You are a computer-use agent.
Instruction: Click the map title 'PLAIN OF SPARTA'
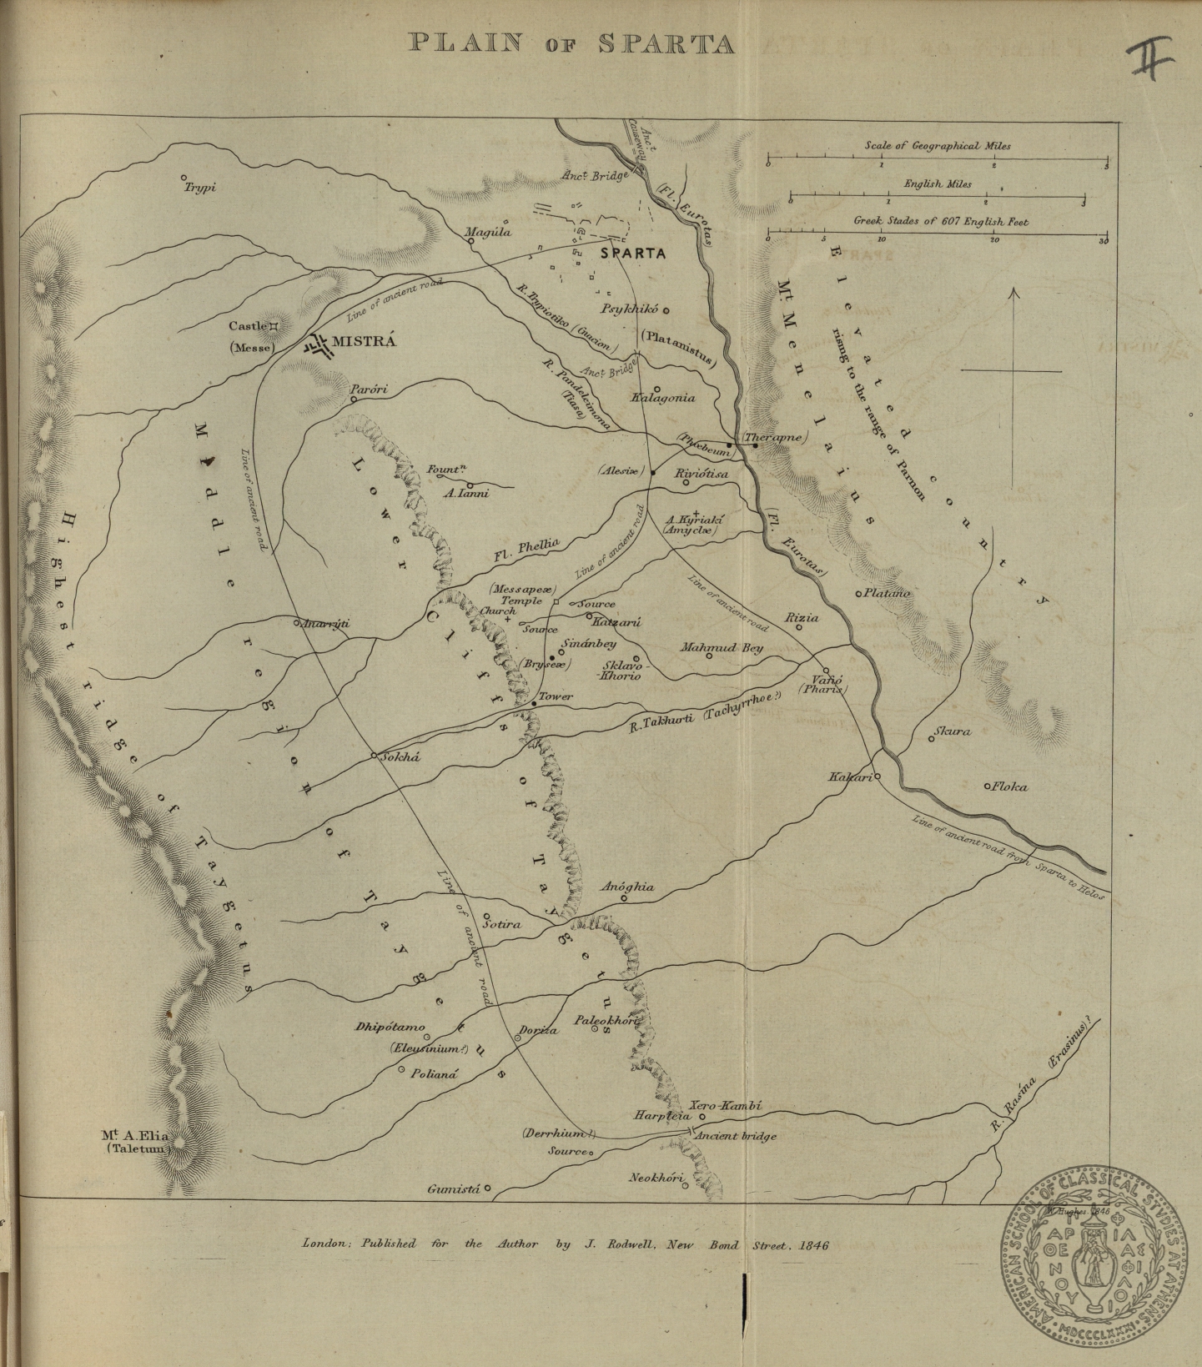[x=572, y=43]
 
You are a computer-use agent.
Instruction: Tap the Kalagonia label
[x=663, y=398]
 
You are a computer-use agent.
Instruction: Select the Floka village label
[x=1009, y=786]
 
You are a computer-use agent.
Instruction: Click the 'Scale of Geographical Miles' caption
[x=938, y=145]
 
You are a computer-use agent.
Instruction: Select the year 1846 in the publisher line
[x=812, y=1244]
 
